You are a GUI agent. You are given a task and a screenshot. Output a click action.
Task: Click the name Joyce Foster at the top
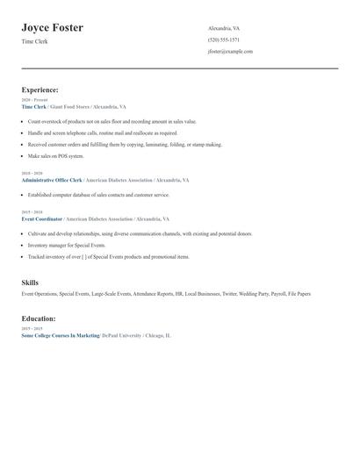coord(52,28)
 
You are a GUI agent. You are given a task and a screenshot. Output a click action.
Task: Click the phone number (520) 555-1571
coord(223,40)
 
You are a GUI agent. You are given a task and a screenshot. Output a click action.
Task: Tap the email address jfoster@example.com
coord(230,52)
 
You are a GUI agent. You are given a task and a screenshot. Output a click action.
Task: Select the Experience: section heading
coord(40,89)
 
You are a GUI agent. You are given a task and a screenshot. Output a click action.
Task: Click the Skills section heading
coord(30,283)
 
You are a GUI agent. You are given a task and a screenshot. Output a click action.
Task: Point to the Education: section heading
coord(39,318)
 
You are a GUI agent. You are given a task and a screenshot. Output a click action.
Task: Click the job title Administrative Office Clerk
coord(58,180)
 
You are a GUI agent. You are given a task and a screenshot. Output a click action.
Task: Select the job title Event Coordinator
coord(42,218)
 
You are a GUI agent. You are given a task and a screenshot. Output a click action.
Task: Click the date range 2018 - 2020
coord(32,174)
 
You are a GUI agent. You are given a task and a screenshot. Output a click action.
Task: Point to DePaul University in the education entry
coord(120,335)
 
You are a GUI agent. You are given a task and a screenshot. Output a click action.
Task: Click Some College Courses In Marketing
coord(60,335)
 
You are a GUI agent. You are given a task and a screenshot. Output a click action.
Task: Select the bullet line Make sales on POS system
coord(55,156)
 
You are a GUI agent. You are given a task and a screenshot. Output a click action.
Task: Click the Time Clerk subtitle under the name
coord(34,41)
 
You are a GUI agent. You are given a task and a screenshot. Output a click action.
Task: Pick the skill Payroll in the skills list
coord(277,294)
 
